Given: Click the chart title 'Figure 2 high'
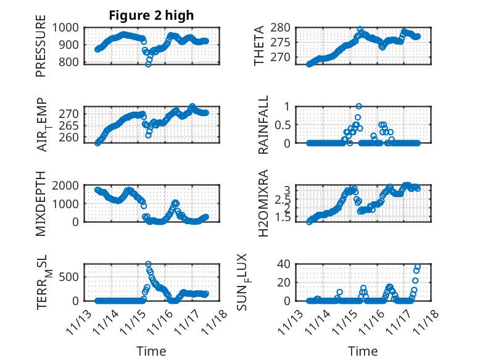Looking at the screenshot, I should pos(151,15).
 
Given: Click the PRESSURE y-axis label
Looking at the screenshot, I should pos(41,50).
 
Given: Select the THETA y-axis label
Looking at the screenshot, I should pos(259,46).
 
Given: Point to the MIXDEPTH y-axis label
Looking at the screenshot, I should pos(41,203).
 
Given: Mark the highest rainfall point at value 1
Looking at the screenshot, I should pos(358,106).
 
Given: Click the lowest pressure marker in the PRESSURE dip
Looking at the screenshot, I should pos(148,64).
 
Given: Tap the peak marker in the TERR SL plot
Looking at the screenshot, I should pos(148,264).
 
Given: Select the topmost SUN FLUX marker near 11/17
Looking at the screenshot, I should pos(418,267).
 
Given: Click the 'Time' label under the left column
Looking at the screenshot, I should pos(151,351).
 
